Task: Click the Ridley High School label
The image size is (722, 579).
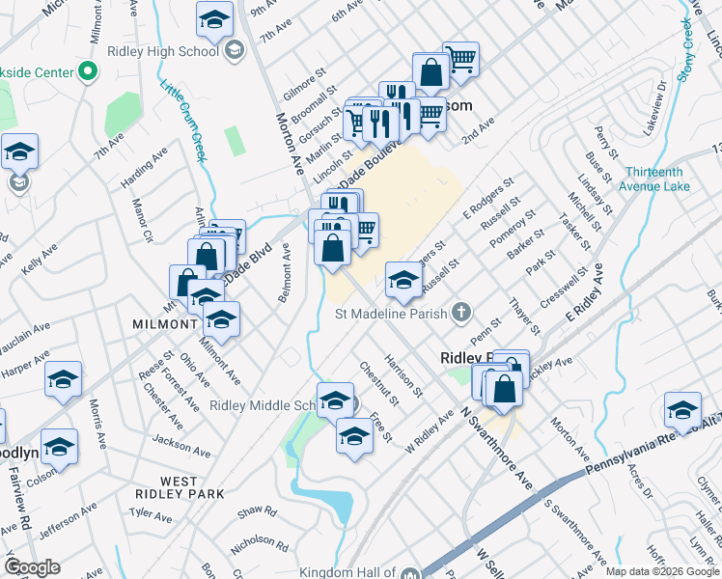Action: point(165,51)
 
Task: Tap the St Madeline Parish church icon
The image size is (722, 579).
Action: point(461,313)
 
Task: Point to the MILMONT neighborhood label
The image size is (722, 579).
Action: point(166,325)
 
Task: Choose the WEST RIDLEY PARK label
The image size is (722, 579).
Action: point(193,487)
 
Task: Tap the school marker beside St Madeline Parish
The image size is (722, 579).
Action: point(403,281)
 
